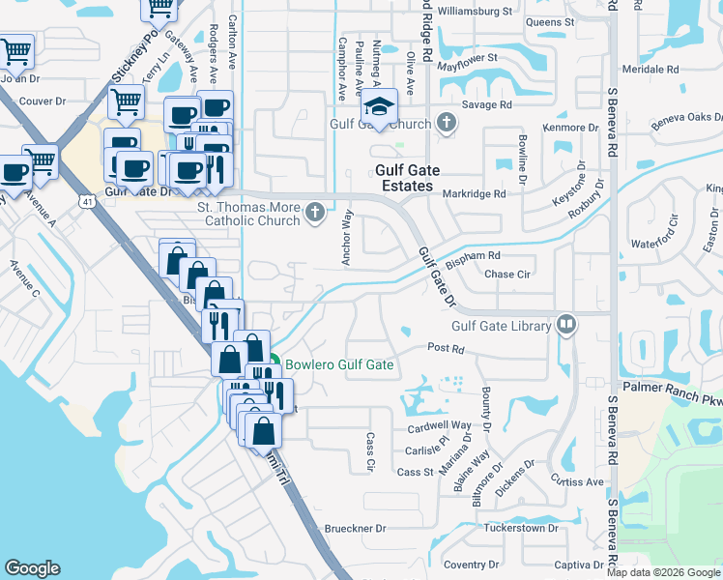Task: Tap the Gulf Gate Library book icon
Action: click(566, 326)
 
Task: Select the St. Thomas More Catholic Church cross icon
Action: click(314, 214)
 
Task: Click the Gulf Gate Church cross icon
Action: click(446, 124)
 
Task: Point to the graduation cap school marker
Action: click(380, 106)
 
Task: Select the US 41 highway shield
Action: click(86, 201)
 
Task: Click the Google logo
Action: click(32, 568)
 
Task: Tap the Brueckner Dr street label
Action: click(355, 529)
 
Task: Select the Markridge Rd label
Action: click(474, 193)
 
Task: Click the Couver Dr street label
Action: click(42, 101)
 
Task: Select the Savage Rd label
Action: click(486, 104)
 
